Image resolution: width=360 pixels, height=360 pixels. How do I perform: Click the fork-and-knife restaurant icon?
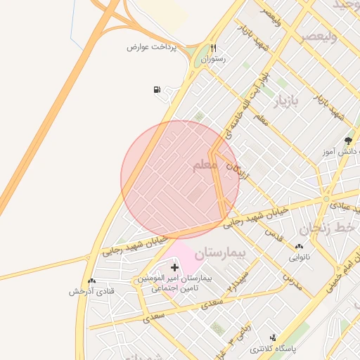pyautogui.click(x=213, y=49)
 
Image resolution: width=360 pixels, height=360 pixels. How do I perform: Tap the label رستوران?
pyautogui.click(x=213, y=60)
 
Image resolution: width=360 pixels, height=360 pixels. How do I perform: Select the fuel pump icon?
pyautogui.click(x=156, y=89)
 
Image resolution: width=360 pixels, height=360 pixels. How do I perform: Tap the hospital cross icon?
pyautogui.click(x=175, y=267)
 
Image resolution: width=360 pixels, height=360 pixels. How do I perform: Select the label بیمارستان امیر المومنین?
pyautogui.click(x=179, y=278)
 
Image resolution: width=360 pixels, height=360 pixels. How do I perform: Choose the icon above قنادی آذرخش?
pyautogui.click(x=91, y=281)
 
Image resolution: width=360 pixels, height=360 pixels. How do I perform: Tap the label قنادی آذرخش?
pyautogui.click(x=91, y=291)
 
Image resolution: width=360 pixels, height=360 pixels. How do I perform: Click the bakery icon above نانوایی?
pyautogui.click(x=300, y=247)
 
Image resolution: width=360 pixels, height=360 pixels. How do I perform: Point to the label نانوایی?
pyautogui.click(x=300, y=257)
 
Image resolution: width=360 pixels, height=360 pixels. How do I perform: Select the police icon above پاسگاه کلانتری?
pyautogui.click(x=274, y=337)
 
